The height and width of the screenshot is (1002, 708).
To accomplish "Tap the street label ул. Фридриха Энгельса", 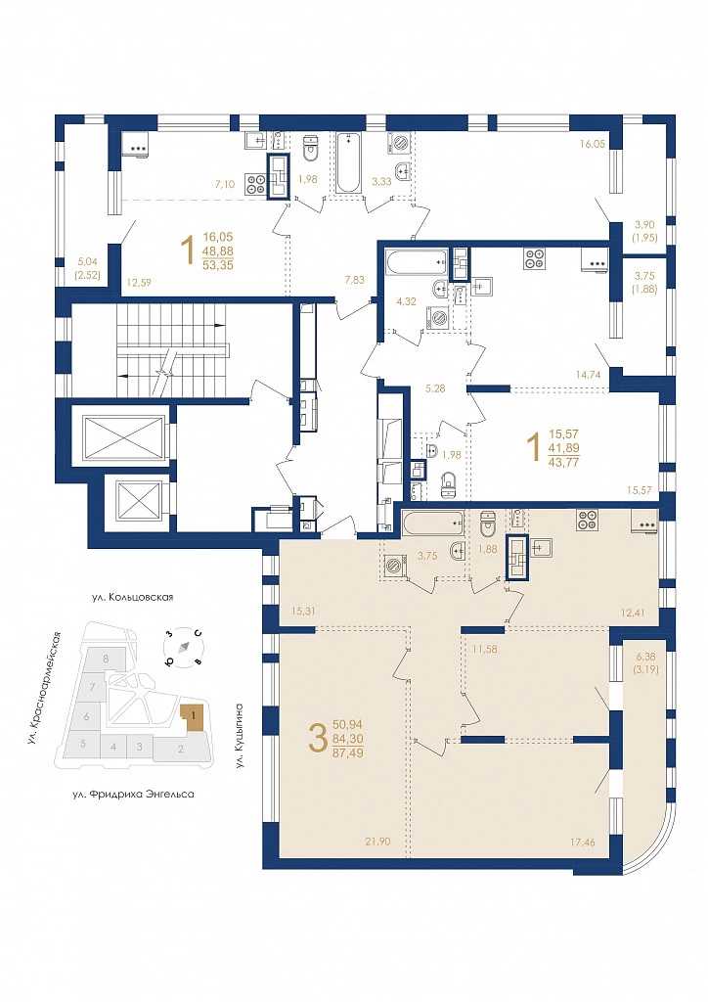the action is tap(133, 795).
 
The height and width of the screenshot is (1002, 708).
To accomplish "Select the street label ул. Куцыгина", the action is tap(240, 735).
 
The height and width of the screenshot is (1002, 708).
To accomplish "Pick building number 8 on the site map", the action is tap(106, 658).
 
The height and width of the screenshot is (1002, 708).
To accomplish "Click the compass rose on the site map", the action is tap(184, 647).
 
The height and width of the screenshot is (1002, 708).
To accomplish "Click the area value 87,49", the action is tap(347, 752).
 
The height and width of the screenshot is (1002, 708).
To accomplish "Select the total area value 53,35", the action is tap(217, 265).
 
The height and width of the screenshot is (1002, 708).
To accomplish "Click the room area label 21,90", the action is tap(377, 842).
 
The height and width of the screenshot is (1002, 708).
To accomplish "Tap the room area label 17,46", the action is tap(582, 843).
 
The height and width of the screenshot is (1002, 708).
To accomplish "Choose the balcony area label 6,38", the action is tap(644, 657).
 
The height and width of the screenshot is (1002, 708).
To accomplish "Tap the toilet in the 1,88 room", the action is tap(488, 524).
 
